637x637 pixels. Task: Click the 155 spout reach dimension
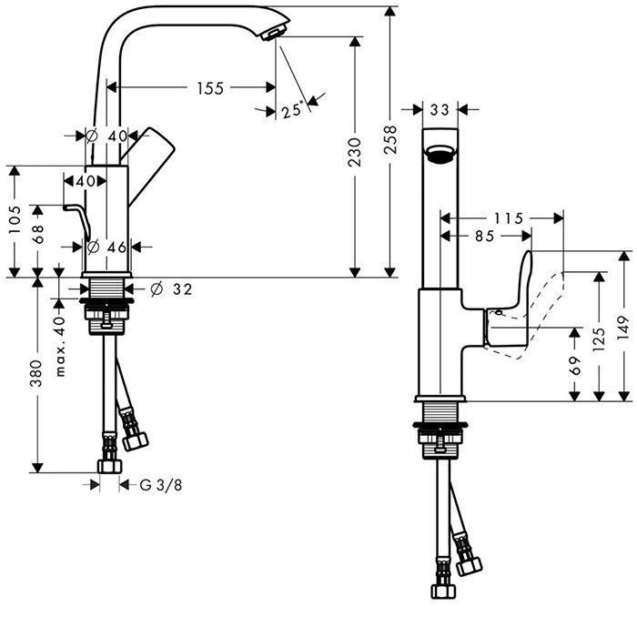(209, 88)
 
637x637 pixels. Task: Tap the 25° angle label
(292, 111)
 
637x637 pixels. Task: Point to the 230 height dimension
(355, 152)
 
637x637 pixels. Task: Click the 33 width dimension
(440, 110)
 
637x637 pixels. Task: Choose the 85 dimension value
(484, 236)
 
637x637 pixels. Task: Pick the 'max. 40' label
(60, 346)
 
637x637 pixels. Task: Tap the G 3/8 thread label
(160, 485)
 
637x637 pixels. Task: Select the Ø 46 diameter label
(108, 247)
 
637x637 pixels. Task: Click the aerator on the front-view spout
(440, 154)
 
